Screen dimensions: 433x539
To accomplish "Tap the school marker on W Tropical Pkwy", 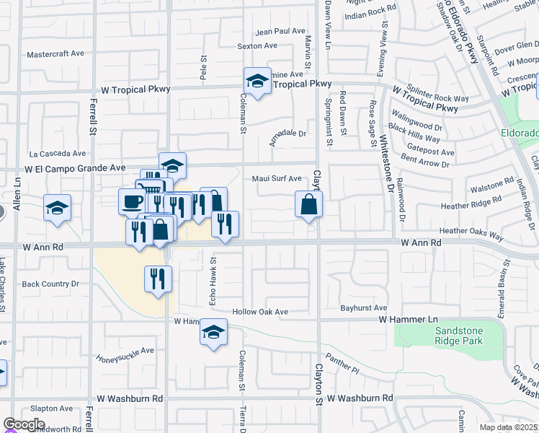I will pos(257,81).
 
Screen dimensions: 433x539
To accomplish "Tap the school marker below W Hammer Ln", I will pos(213,333).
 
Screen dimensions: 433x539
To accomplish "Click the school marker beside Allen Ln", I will pos(57,209).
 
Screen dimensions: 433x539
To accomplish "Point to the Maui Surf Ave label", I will pos(277,178).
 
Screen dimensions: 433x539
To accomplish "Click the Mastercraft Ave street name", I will pos(55,54).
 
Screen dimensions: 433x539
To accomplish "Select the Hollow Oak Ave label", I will pos(259,312).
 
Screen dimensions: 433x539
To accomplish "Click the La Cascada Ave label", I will pos(57,154).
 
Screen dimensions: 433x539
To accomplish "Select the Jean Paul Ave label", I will pos(280,31).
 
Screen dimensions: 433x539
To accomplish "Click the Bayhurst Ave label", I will pos(365,308).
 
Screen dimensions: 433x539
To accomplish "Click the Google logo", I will pos(24,424).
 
